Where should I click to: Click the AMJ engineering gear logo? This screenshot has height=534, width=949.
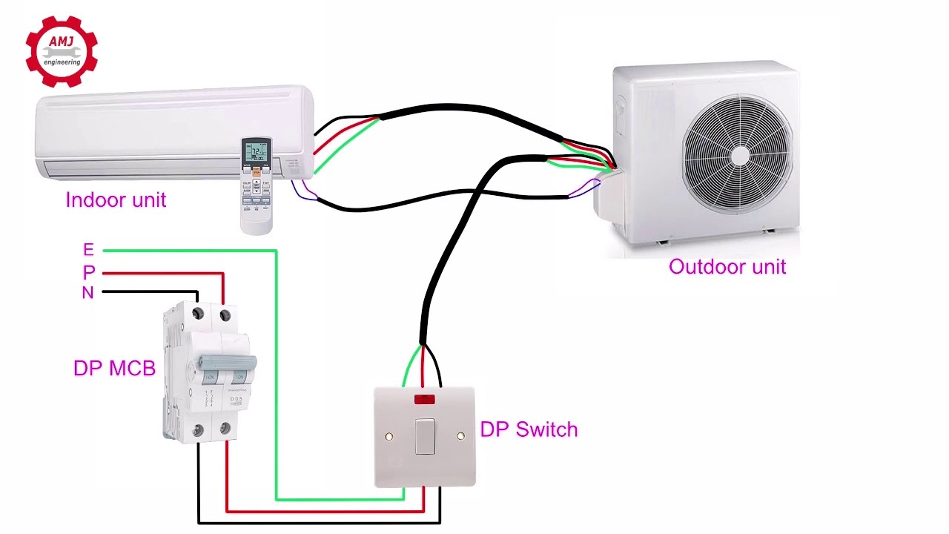tap(62, 51)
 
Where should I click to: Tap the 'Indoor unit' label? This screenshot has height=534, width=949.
tap(116, 200)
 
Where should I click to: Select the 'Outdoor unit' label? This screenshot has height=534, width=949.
tap(727, 267)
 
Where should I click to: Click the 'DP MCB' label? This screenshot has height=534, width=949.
tap(114, 369)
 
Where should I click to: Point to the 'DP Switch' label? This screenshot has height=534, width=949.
tap(529, 429)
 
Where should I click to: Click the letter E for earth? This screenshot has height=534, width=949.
tap(89, 250)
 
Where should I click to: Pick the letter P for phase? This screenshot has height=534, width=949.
tap(89, 272)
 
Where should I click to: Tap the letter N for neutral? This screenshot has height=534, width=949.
tap(87, 293)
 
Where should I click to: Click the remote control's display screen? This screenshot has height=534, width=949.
tap(257, 152)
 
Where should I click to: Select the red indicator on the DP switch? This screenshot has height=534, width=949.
tap(424, 400)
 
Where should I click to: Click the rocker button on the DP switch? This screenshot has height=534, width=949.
tap(425, 436)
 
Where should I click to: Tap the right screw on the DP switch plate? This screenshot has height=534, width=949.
tap(460, 437)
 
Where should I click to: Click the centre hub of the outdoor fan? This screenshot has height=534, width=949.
tap(739, 155)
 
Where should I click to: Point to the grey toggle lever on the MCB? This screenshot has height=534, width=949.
tap(227, 363)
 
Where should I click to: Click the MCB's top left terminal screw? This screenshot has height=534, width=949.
tap(198, 315)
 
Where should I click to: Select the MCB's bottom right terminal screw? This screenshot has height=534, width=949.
tap(225, 429)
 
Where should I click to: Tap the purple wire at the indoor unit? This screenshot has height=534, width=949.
tap(305, 191)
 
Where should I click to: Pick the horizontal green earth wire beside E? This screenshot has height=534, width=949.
tap(185, 251)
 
